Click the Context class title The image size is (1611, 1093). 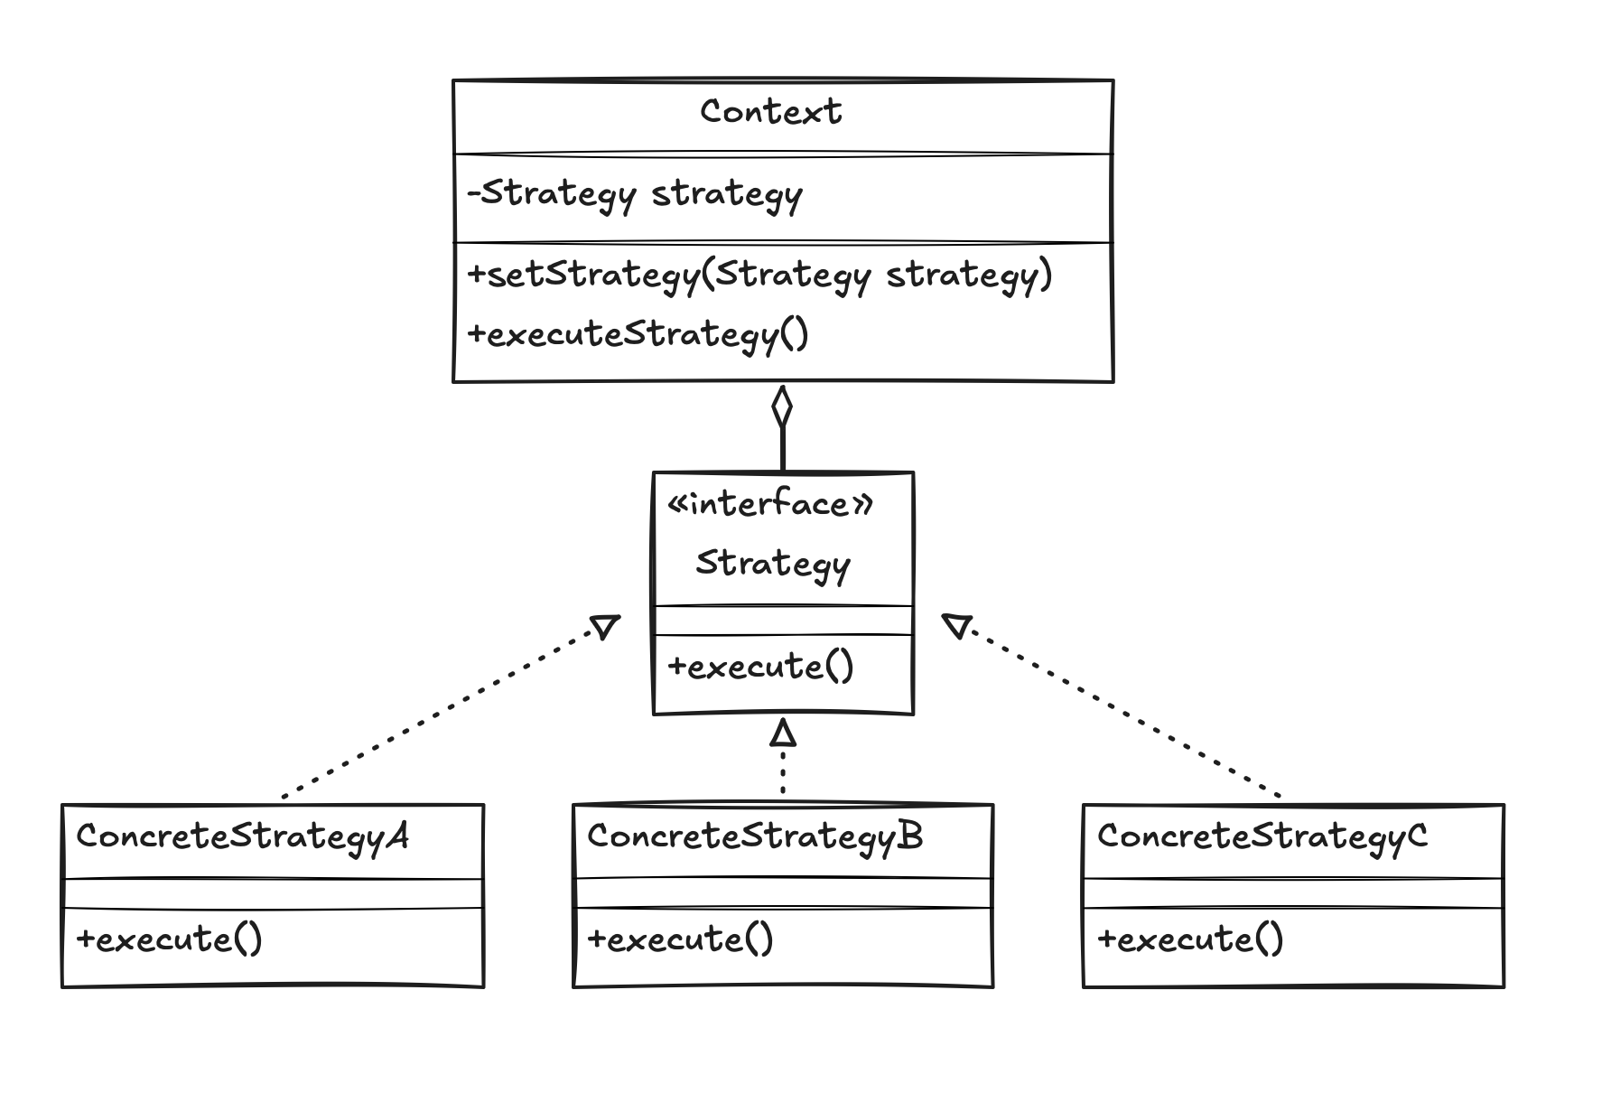770,112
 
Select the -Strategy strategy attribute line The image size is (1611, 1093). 635,194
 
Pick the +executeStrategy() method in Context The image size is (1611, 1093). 638,335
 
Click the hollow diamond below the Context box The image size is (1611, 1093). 782,407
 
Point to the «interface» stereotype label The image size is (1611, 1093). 770,504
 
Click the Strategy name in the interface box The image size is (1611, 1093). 773,564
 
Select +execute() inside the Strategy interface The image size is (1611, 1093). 760,668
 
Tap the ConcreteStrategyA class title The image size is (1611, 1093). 242,836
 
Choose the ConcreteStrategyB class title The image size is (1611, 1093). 755,836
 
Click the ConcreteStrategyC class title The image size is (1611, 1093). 1262,836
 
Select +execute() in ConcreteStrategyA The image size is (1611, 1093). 169,939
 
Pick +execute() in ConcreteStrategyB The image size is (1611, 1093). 680,939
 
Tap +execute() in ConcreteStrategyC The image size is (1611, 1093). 1189,939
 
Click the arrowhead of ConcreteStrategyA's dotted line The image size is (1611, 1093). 605,625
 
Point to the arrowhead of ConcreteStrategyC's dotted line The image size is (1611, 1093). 956,624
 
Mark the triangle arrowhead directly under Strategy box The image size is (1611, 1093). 783,732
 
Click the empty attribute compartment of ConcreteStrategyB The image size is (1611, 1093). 783,893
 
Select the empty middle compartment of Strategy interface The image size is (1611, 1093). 783,621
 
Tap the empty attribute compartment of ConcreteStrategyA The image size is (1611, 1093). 273,893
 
